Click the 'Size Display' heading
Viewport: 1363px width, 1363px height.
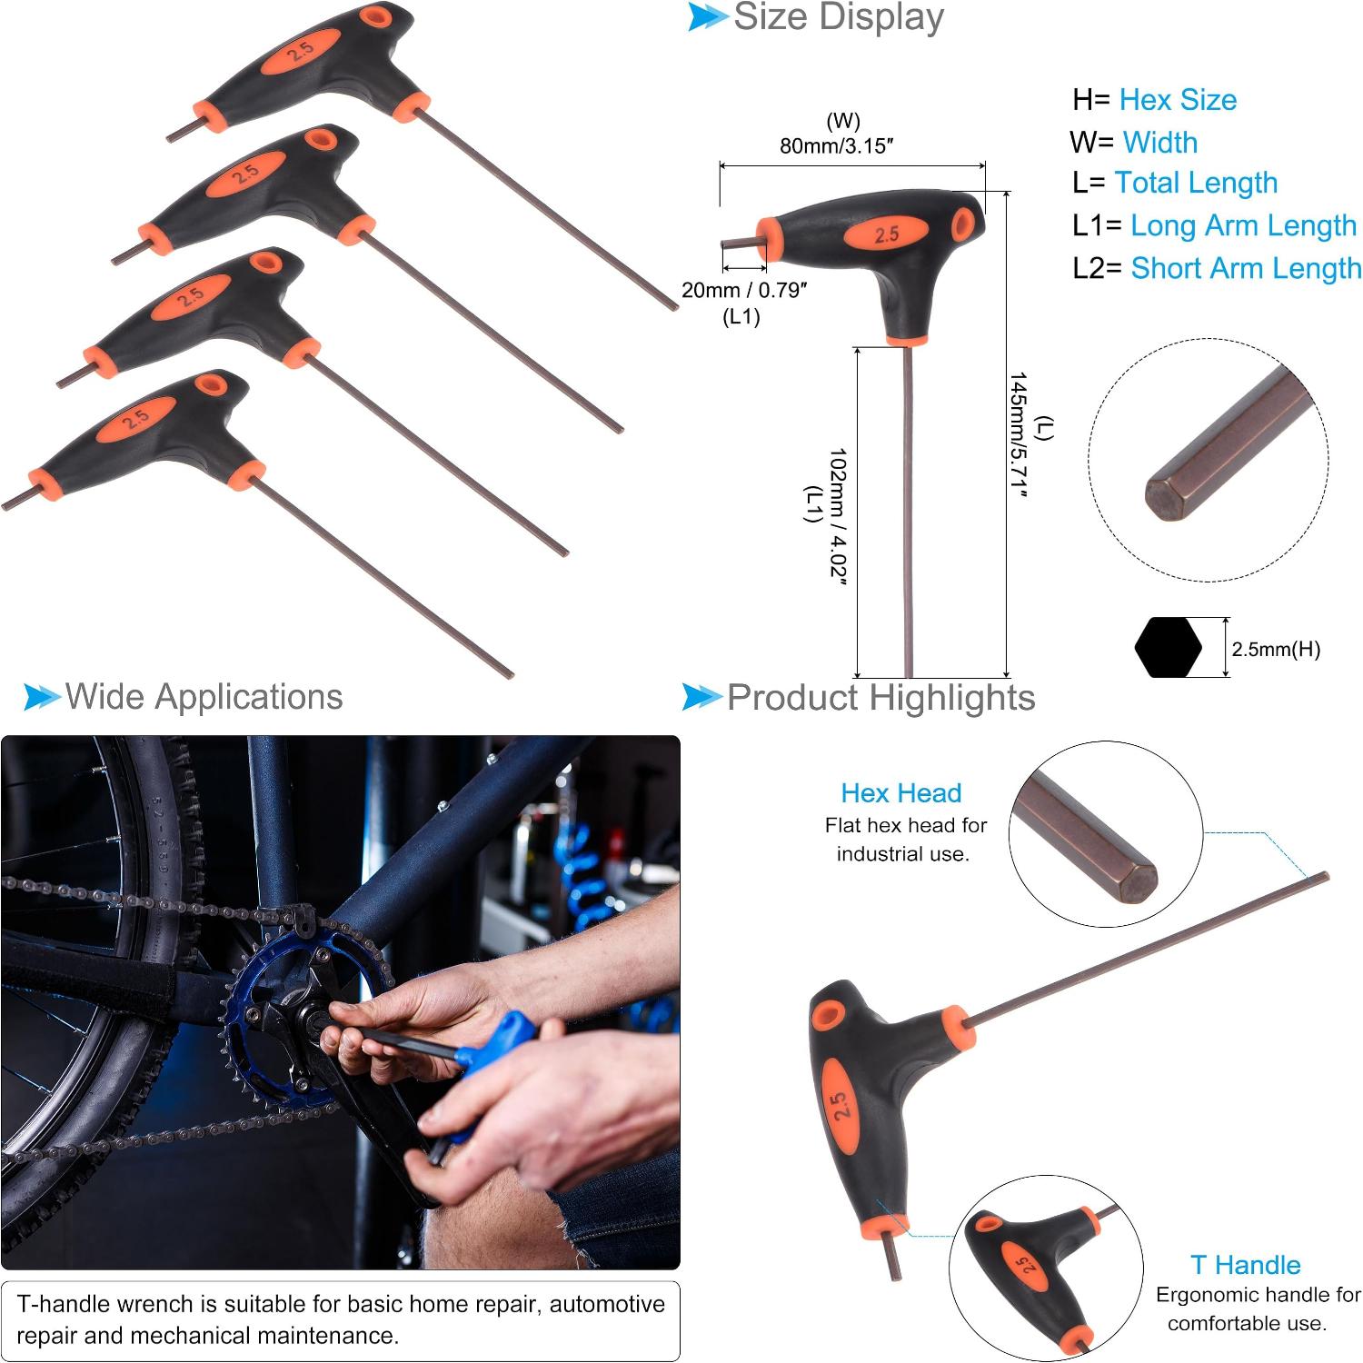[838, 17]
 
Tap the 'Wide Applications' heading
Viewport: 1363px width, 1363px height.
[204, 697]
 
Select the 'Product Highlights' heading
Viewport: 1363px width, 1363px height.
[880, 698]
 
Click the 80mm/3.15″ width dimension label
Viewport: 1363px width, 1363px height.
[837, 145]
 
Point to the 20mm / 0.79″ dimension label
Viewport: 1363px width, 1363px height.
[744, 290]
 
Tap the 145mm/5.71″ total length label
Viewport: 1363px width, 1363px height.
[1018, 434]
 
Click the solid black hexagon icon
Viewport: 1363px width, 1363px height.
[1168, 648]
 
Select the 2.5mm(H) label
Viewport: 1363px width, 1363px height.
[1276, 649]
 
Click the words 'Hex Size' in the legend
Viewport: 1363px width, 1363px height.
[1178, 99]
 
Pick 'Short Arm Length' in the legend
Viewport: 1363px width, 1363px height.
[1246, 268]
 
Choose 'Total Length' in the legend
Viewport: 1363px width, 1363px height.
[1196, 183]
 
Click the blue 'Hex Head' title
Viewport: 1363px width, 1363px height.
[900, 792]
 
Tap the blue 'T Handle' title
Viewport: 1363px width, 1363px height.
[1245, 1265]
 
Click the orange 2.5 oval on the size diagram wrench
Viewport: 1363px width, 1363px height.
[886, 234]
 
